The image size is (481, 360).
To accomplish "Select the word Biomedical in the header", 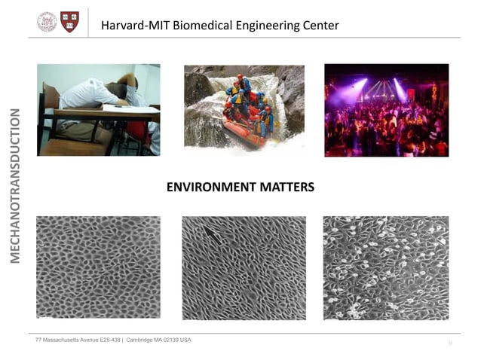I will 201,26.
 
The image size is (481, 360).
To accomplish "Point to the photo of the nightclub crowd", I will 386,110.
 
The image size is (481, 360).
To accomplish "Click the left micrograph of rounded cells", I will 98,267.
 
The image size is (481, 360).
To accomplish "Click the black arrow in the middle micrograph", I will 213,239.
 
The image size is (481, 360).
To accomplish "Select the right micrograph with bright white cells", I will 385,267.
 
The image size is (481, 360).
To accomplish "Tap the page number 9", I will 450,343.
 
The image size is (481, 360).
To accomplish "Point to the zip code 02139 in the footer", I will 169,340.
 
